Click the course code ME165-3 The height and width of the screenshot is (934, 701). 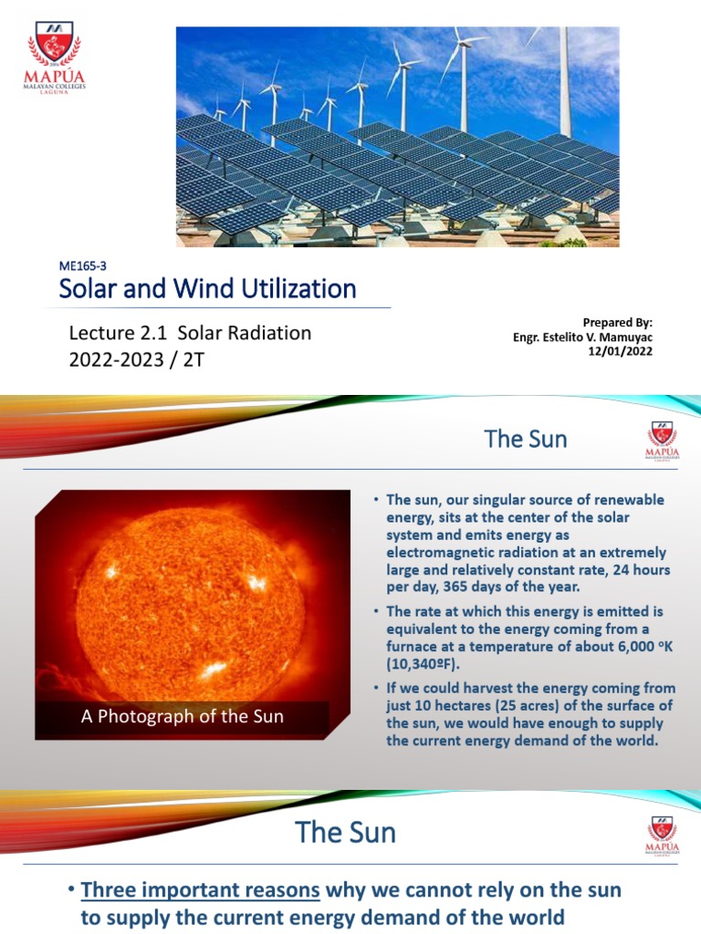(83, 265)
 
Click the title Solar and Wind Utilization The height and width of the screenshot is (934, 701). (207, 289)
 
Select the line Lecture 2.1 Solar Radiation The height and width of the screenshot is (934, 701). (190, 333)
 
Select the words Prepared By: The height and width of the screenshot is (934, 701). (618, 323)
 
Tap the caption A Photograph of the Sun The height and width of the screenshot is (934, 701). (182, 716)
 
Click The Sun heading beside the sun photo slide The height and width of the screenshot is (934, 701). (526, 439)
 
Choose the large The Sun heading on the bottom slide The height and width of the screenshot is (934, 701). (346, 832)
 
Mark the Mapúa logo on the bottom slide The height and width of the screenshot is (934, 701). (662, 835)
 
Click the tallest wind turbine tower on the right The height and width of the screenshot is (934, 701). (565, 82)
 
